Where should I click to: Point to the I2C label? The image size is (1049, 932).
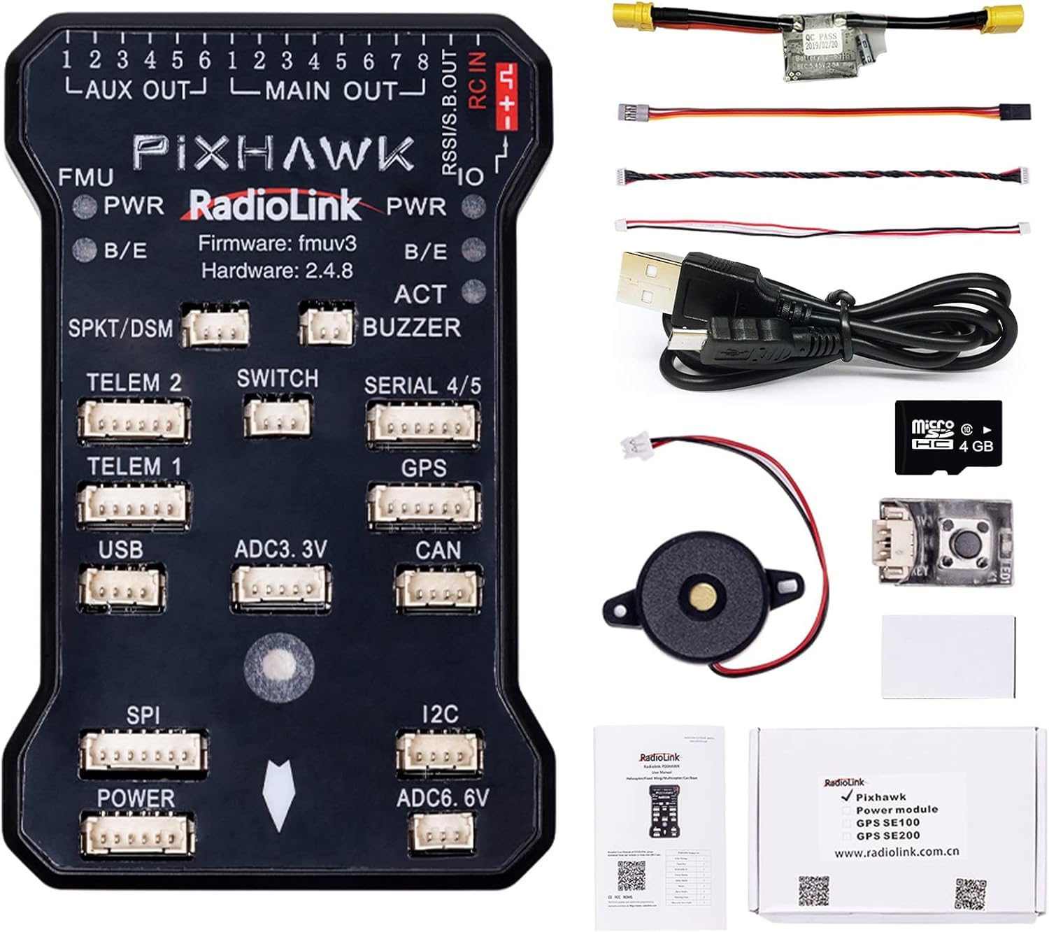[440, 714]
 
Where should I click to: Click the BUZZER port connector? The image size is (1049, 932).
[326, 324]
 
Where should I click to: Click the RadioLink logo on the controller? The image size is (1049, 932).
[275, 206]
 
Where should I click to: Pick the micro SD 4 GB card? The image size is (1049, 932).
[949, 437]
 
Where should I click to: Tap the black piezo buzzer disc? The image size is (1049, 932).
[701, 594]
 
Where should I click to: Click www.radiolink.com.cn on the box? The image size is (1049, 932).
[896, 852]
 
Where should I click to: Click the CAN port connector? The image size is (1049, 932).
[438, 587]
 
